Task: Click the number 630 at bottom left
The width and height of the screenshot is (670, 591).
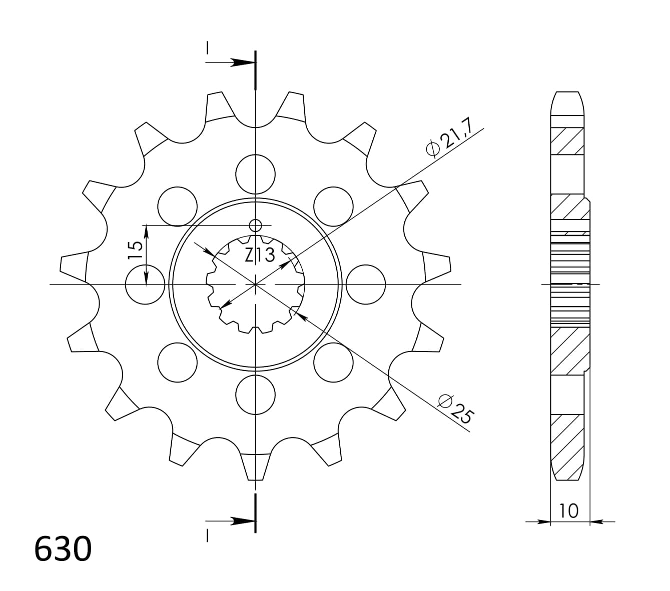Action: pyautogui.click(x=63, y=549)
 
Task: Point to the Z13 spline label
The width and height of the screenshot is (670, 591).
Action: pyautogui.click(x=260, y=255)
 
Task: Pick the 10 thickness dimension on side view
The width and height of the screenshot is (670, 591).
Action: pyautogui.click(x=569, y=510)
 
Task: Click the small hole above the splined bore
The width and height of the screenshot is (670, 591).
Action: pyautogui.click(x=256, y=225)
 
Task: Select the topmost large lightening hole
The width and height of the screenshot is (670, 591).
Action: pyautogui.click(x=256, y=174)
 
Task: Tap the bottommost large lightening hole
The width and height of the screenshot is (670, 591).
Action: pyautogui.click(x=256, y=395)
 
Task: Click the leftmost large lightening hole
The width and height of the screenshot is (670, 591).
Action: pyautogui.click(x=145, y=284)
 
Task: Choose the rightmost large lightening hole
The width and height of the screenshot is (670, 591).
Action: pyautogui.click(x=366, y=284)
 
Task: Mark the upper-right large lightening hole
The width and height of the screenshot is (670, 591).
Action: pyautogui.click(x=334, y=206)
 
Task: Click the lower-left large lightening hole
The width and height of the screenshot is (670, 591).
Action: pyautogui.click(x=177, y=362)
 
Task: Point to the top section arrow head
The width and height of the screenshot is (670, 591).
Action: pyautogui.click(x=243, y=63)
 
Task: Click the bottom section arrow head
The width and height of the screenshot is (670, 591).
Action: pyautogui.click(x=243, y=521)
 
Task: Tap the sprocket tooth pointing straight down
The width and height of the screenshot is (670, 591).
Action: pyautogui.click(x=256, y=467)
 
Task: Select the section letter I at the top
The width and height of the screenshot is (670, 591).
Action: pyautogui.click(x=207, y=48)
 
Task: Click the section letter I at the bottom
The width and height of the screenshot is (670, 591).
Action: pyautogui.click(x=207, y=536)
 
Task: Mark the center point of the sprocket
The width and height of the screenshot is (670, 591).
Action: pyautogui.click(x=256, y=284)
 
